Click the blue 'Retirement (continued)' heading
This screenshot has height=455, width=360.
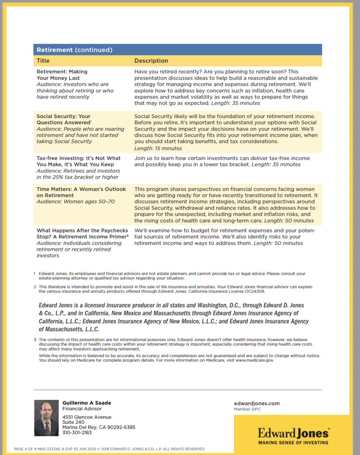(75, 50)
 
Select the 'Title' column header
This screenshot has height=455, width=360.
(43, 61)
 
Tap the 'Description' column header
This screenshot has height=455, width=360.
(151, 61)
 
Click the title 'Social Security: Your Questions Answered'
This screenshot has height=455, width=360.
(63, 120)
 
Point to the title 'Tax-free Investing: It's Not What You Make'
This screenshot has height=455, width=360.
(79, 161)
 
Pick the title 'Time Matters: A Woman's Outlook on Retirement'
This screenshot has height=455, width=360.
(81, 192)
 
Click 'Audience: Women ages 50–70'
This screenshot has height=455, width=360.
(75, 202)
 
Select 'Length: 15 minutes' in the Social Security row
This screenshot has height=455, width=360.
(158, 148)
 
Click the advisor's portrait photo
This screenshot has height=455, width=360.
(46, 418)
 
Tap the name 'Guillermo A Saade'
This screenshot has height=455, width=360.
(87, 403)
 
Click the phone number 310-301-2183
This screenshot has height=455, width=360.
(77, 432)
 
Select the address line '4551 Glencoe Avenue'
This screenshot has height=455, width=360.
(87, 417)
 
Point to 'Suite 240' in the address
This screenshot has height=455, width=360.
(73, 422)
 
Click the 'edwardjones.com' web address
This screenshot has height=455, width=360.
(257, 403)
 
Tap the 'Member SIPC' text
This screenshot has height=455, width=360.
(248, 409)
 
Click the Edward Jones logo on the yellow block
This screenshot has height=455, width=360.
(293, 432)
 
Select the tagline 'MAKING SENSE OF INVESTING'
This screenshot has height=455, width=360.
(293, 443)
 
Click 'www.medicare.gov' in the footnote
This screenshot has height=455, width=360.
(254, 360)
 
